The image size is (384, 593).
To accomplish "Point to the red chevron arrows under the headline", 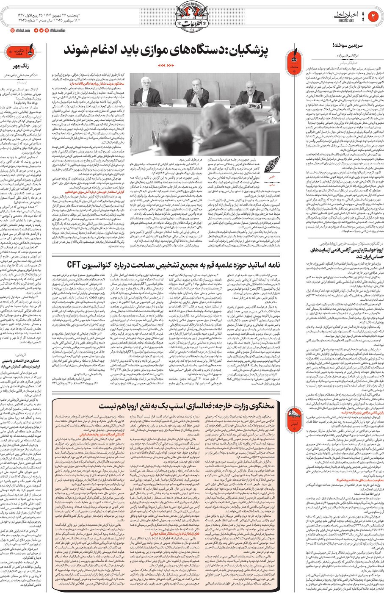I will [166, 66].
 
